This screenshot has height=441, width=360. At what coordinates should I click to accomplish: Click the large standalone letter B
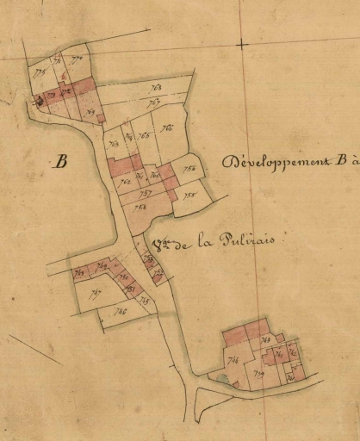click(60, 160)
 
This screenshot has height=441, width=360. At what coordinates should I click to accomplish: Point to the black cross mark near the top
click(243, 42)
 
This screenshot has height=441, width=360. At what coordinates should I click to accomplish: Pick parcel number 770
click(78, 59)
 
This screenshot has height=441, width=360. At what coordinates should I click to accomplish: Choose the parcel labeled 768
click(157, 88)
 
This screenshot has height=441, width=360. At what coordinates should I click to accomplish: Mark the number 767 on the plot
click(153, 103)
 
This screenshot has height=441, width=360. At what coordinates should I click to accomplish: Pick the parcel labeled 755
click(191, 196)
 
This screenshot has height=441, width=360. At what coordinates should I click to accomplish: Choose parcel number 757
click(146, 194)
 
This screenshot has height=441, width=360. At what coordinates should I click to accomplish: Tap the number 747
click(95, 294)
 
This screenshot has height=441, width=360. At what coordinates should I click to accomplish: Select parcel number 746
click(120, 312)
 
